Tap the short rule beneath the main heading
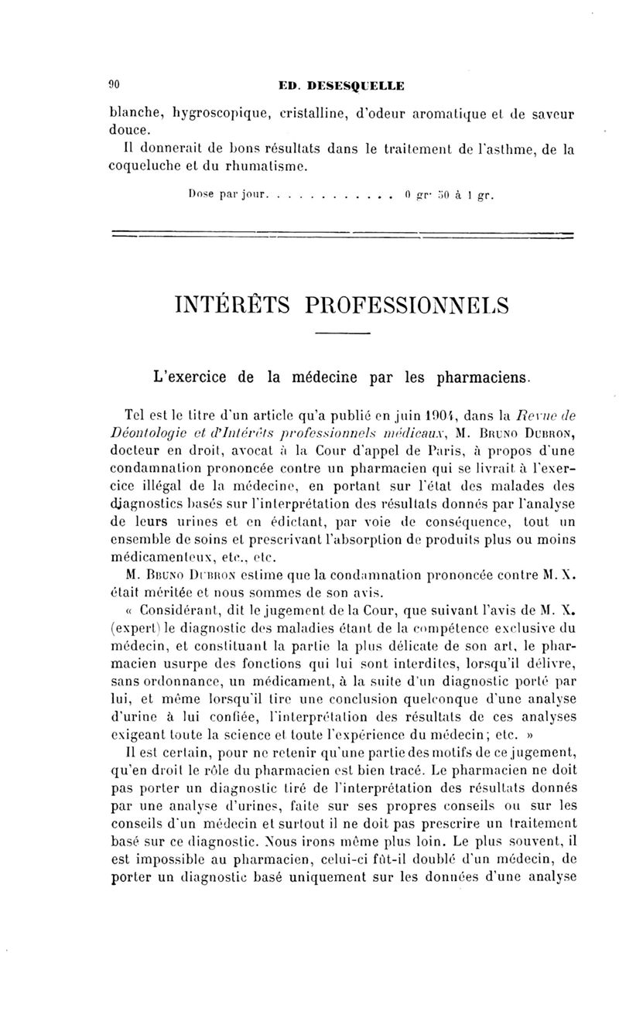click(x=344, y=334)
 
